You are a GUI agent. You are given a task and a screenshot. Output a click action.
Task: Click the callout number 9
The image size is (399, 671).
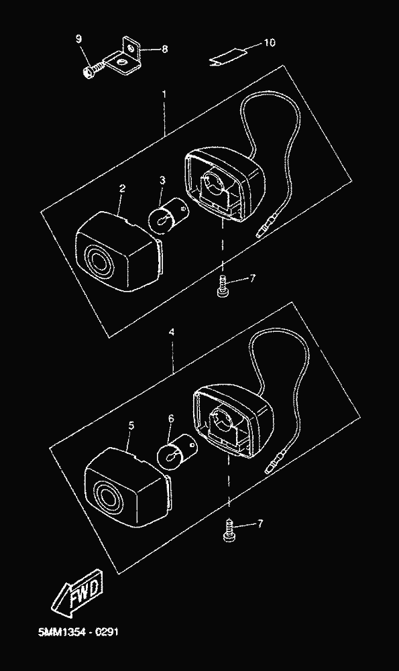pos(78,39)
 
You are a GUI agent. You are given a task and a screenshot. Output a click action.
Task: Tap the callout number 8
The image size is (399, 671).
pos(164,49)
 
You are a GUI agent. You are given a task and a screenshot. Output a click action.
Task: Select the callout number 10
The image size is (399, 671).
pos(270,43)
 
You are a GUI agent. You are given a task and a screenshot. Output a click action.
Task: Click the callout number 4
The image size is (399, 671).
pos(172,332)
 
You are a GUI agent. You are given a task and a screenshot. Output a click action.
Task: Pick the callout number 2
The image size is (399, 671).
pos(123,188)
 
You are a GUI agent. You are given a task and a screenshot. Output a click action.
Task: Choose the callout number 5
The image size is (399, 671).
pos(131,426)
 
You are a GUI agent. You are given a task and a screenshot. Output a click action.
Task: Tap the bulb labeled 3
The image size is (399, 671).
pos(168,214)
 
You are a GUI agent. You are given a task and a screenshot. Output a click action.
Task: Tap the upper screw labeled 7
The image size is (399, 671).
pos(223,286)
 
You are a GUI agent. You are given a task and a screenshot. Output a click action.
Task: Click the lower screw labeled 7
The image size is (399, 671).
pos(230,531)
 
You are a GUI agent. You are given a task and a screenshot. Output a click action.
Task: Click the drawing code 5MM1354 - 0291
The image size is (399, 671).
pos(78,631)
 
